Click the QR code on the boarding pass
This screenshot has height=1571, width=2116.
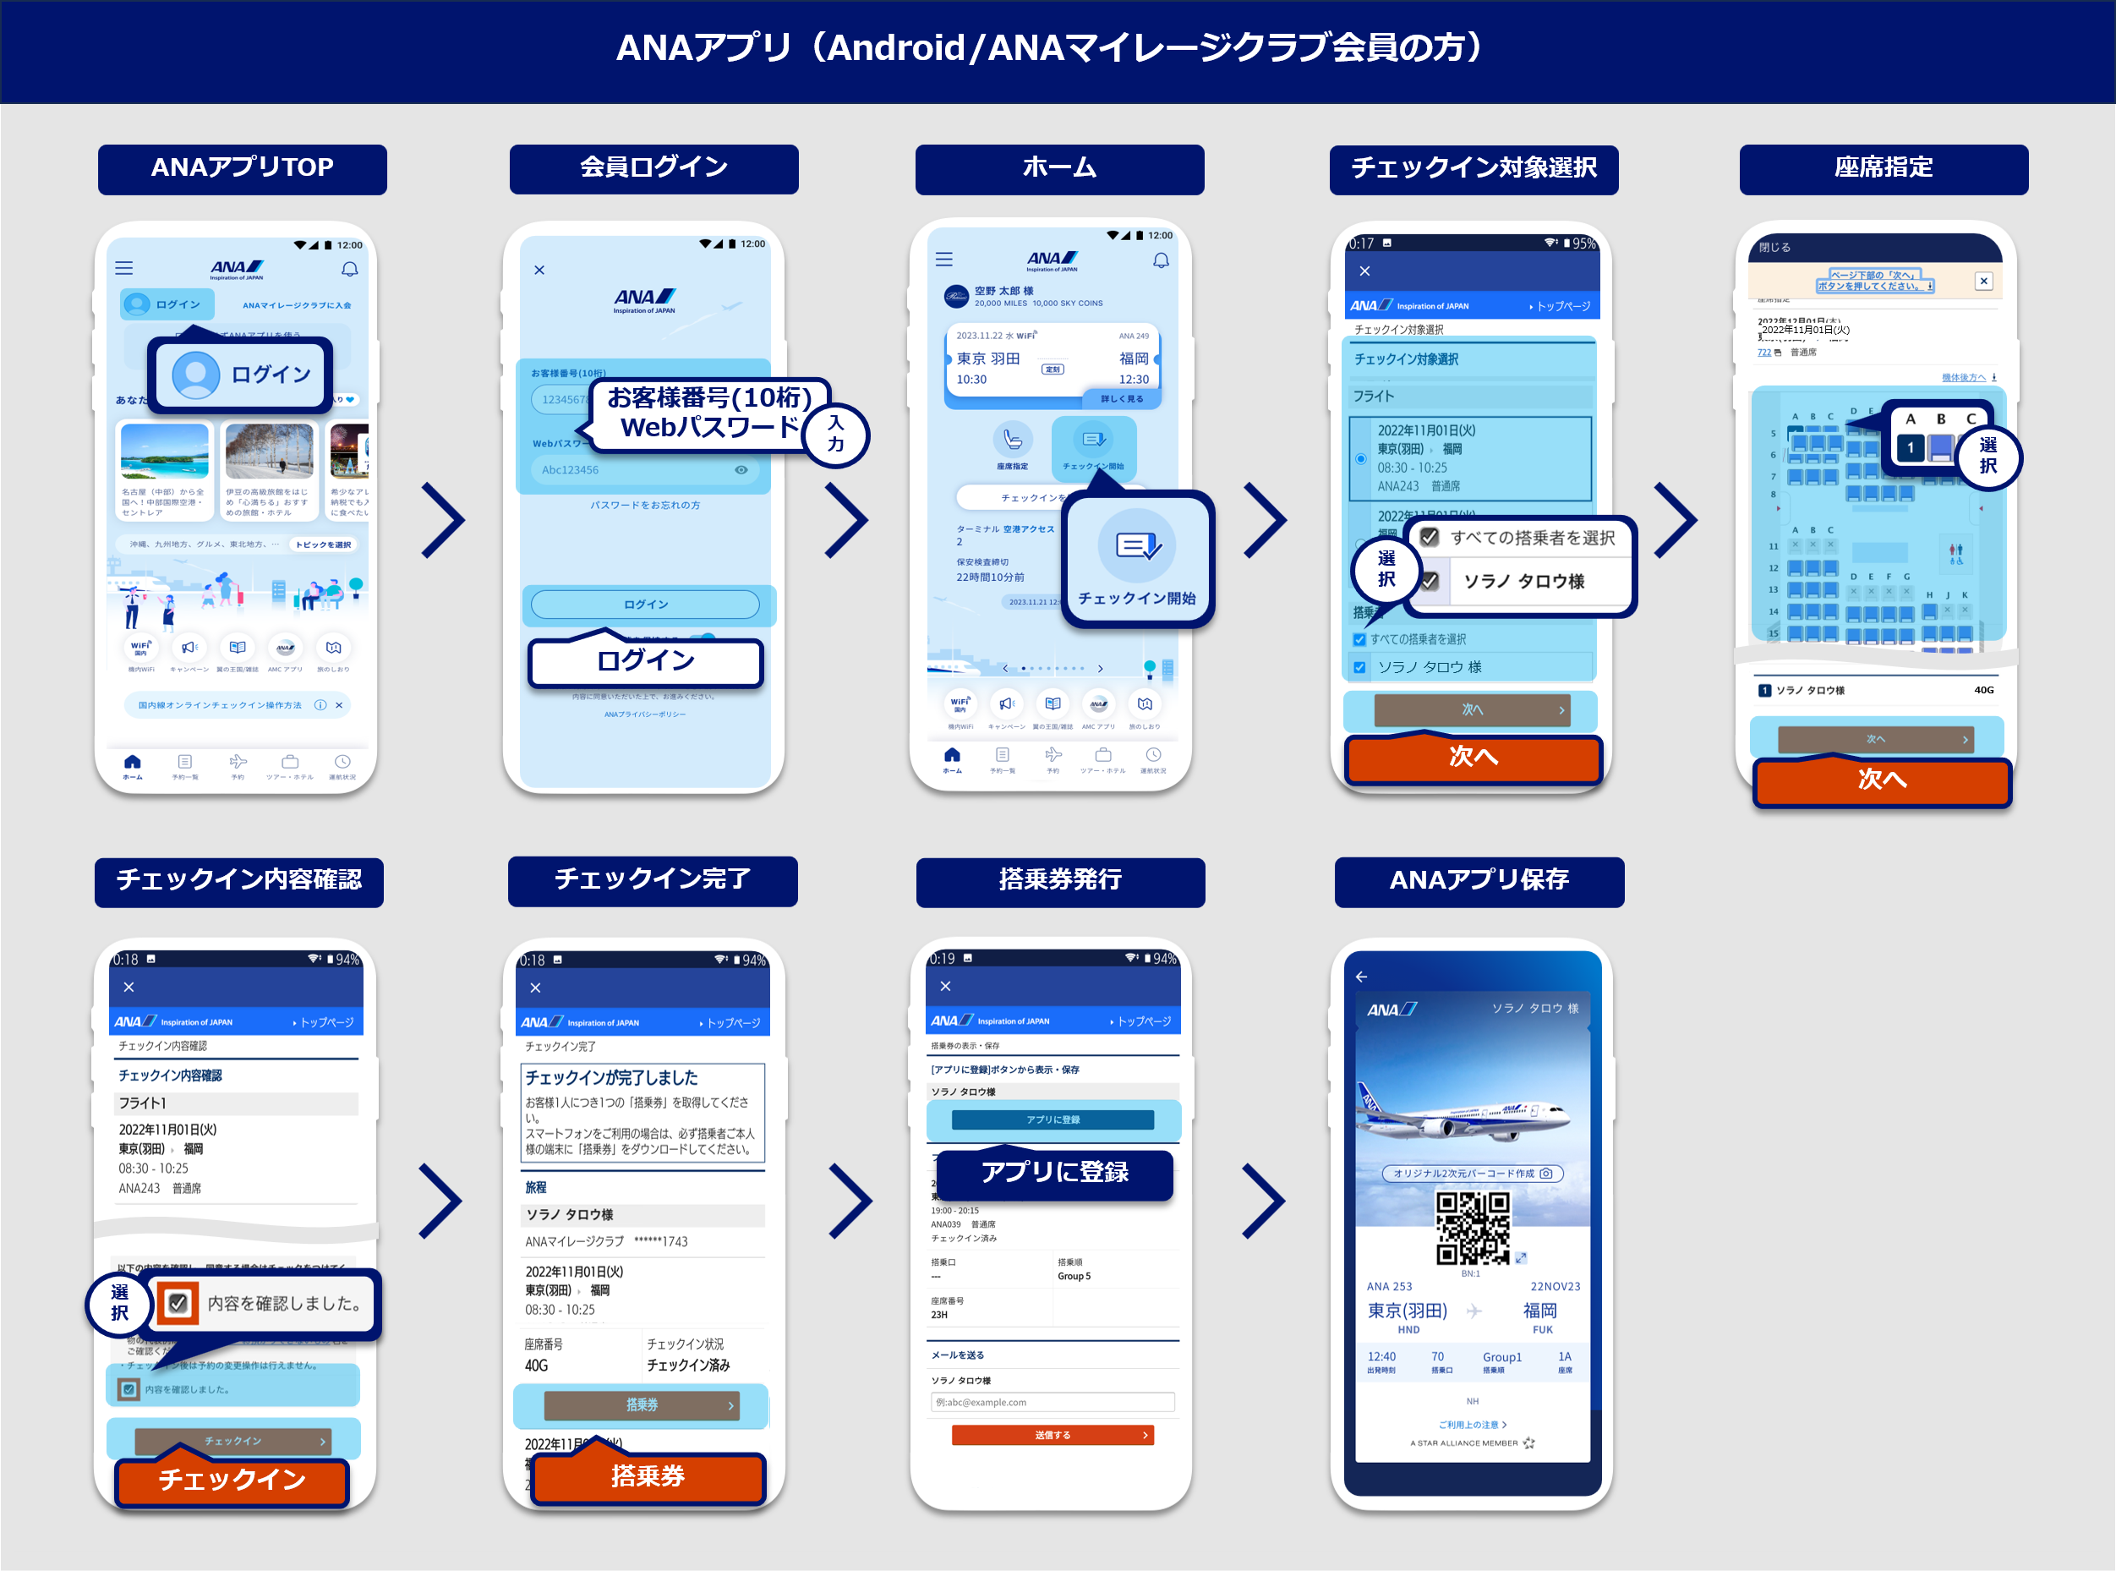(x=1472, y=1228)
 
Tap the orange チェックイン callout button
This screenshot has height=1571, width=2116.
(x=232, y=1479)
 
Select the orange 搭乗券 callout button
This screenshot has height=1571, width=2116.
(x=648, y=1476)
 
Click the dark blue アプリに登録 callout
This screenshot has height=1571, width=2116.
(x=1054, y=1173)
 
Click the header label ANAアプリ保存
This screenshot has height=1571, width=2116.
(x=1479, y=880)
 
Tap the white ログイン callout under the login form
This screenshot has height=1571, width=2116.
(x=645, y=661)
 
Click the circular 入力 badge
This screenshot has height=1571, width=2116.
(x=835, y=435)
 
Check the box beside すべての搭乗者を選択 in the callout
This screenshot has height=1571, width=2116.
(x=1429, y=537)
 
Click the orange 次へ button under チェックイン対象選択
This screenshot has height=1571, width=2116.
(x=1473, y=757)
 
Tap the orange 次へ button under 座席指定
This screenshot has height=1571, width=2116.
(x=1881, y=780)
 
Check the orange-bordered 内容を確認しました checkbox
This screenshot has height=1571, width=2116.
(x=178, y=1303)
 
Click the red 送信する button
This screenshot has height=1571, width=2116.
(x=1053, y=1435)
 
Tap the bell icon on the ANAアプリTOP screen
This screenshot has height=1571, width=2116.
(x=350, y=269)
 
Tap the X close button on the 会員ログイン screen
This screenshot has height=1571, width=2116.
(x=539, y=270)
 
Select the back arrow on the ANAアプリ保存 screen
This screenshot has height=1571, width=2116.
(x=1361, y=977)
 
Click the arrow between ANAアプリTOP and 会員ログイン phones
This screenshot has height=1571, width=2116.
(x=443, y=519)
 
